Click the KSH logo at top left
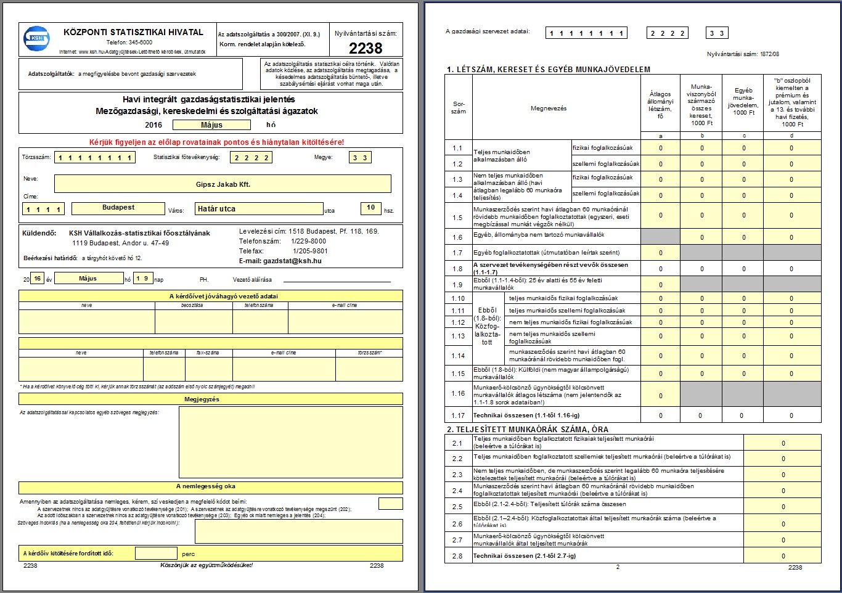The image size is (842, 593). pyautogui.click(x=36, y=38)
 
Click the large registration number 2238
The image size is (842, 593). pyautogui.click(x=366, y=48)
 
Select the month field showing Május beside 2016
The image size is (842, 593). pyautogui.click(x=211, y=125)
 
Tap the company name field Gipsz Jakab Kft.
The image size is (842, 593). pyautogui.click(x=223, y=184)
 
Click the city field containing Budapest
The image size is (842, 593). pyautogui.click(x=118, y=208)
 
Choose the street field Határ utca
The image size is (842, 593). pyautogui.click(x=259, y=209)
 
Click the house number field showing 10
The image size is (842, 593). pyautogui.click(x=370, y=208)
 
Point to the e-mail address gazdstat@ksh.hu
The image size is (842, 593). pyautogui.click(x=280, y=261)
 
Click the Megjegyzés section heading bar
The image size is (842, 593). pyautogui.click(x=210, y=399)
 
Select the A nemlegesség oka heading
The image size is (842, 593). pyautogui.click(x=210, y=486)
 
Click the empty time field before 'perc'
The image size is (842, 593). pyautogui.click(x=156, y=554)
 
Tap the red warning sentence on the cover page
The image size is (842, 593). pyautogui.click(x=216, y=142)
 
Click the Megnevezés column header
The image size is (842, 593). pyautogui.click(x=548, y=108)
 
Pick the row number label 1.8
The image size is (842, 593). pyautogui.click(x=457, y=269)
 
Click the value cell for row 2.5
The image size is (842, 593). pyautogui.click(x=783, y=507)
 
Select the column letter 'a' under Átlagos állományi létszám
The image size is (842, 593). pyautogui.click(x=660, y=135)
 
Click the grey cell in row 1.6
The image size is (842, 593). pyautogui.click(x=660, y=236)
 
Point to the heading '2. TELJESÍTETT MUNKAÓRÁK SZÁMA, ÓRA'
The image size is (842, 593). pyautogui.click(x=527, y=429)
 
